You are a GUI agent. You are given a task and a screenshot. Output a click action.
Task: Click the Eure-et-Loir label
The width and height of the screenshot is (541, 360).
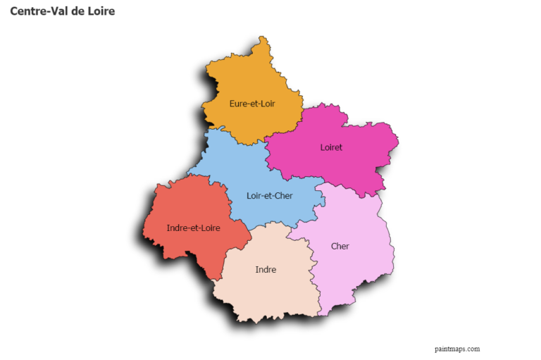tap(251, 104)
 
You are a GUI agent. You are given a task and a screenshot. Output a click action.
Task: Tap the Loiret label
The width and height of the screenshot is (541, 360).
tap(331, 147)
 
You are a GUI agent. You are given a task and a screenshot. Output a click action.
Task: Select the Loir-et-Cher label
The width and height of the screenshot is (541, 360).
tap(270, 195)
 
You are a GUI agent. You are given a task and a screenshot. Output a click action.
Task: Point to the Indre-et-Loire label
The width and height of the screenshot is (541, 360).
tap(193, 228)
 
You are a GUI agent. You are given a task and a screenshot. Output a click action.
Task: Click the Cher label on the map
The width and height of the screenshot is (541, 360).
tap(340, 246)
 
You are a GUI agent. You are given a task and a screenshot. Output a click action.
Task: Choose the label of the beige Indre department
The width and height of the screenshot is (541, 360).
tap(266, 269)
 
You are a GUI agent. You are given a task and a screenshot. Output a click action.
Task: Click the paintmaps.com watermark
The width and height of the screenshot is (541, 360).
tap(457, 348)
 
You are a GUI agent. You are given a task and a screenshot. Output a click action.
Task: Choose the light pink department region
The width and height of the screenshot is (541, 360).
tap(352, 275)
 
